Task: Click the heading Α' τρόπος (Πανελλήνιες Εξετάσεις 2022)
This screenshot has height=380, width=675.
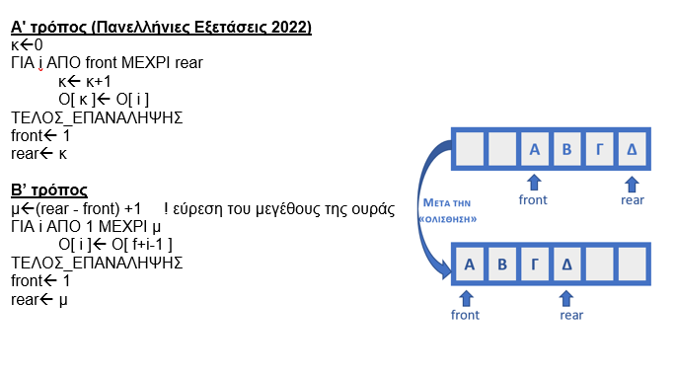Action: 161,28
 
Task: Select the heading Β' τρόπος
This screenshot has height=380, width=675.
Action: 49,190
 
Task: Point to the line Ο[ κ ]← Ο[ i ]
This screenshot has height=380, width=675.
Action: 101,99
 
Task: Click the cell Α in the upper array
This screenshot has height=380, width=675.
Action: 534,150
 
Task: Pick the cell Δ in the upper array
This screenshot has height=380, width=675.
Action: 631,150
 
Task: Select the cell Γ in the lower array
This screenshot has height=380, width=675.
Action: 534,265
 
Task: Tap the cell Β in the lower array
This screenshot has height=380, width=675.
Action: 501,265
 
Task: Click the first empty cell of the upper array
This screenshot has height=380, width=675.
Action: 470,150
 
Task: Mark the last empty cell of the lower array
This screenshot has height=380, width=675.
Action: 631,265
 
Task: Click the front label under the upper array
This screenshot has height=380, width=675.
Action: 533,200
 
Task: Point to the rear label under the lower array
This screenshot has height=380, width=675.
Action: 571,315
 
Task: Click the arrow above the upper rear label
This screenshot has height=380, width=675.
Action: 632,183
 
